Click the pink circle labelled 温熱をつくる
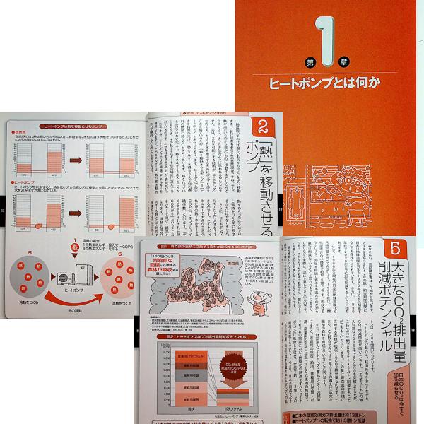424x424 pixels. click(x=116, y=280)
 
